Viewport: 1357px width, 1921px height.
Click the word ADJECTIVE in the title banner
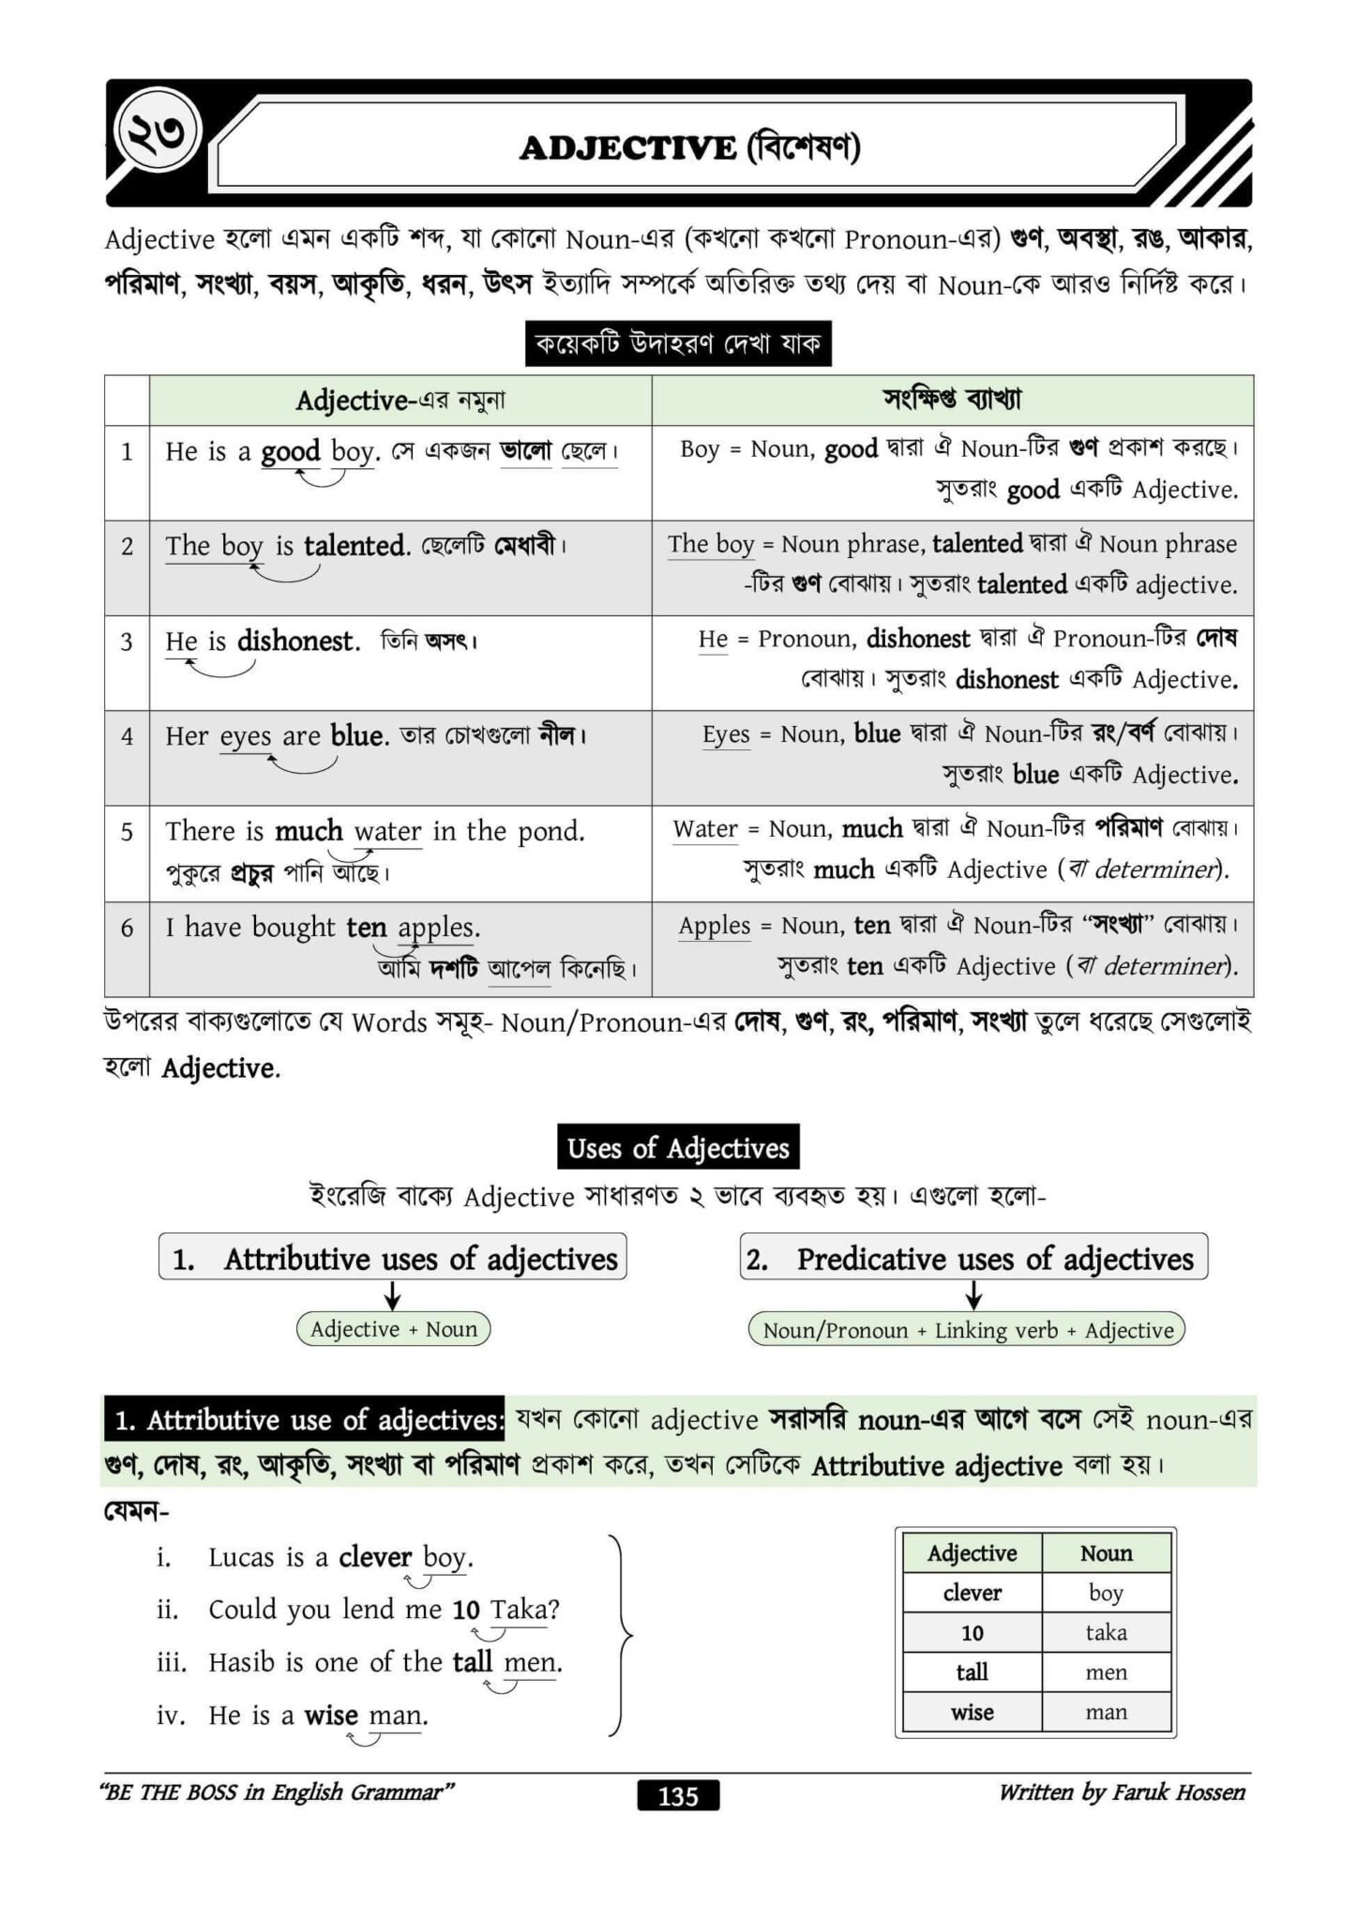pyautogui.click(x=627, y=148)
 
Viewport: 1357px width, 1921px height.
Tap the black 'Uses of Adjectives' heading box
pyautogui.click(x=678, y=1147)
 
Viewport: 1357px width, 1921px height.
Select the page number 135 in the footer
pyautogui.click(x=678, y=1795)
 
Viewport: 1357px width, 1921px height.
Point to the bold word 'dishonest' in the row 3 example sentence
pyautogui.click(x=297, y=641)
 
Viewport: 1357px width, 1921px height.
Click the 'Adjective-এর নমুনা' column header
pyautogui.click(x=400, y=401)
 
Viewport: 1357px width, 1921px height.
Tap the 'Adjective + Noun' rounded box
pyautogui.click(x=394, y=1328)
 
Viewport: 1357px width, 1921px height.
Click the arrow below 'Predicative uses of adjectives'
pyautogui.click(x=974, y=1296)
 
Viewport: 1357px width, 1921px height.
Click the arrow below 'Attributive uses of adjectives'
pyautogui.click(x=394, y=1296)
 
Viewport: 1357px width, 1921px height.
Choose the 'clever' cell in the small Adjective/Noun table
pyautogui.click(x=973, y=1593)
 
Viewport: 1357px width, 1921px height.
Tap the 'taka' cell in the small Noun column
pyautogui.click(x=1106, y=1632)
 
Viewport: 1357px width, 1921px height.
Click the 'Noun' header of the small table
pyautogui.click(x=1106, y=1553)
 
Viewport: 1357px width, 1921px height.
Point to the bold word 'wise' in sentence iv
pyautogui.click(x=331, y=1716)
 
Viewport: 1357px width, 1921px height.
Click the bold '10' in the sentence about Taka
pyautogui.click(x=466, y=1611)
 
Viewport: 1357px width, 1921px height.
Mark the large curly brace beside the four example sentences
pyautogui.click(x=621, y=1637)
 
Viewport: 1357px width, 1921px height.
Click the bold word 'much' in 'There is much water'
pyautogui.click(x=309, y=831)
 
